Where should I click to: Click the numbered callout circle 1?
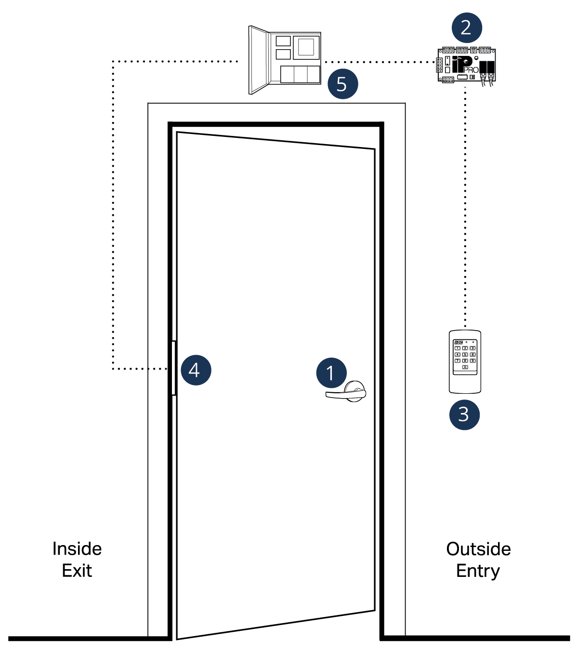coord(331,373)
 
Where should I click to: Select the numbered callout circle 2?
coord(466,28)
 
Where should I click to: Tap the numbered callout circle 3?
coord(464,414)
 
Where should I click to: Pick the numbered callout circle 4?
coord(196,370)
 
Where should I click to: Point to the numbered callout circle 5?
coord(342,84)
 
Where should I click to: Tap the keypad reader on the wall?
coord(465,362)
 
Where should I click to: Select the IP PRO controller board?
coord(466,66)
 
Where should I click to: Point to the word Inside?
coord(77,549)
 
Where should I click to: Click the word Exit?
coord(77,571)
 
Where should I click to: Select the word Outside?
coord(478,549)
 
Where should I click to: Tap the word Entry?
coord(478,571)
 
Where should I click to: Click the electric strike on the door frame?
coord(174,368)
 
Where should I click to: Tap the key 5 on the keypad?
coord(465,354)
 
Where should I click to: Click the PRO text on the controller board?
coord(471,70)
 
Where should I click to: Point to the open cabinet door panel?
coord(258,60)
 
